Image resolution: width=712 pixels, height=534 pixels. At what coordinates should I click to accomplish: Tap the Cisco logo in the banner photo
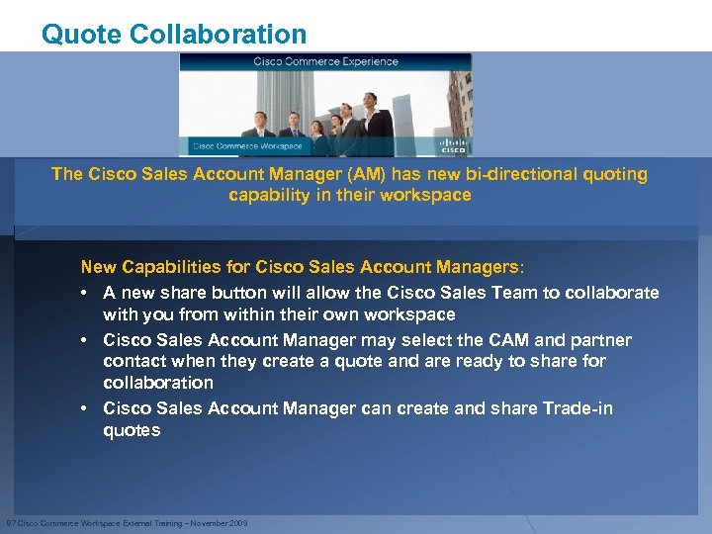[x=453, y=145]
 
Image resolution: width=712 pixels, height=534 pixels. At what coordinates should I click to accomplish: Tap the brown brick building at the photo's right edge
[x=460, y=99]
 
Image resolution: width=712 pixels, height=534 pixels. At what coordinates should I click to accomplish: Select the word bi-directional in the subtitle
[x=498, y=174]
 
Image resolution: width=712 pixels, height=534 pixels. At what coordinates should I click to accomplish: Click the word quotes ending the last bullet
[x=132, y=430]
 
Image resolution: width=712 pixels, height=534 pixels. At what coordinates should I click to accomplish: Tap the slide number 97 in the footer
[x=10, y=522]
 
